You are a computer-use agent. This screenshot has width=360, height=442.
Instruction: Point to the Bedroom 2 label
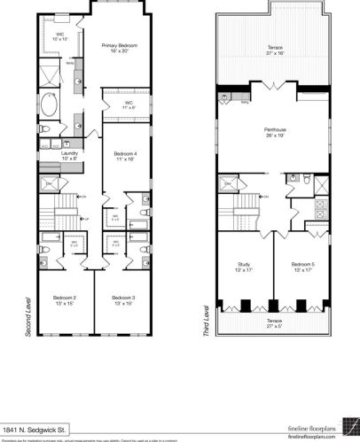(64, 299)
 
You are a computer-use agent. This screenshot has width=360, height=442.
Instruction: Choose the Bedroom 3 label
(123, 299)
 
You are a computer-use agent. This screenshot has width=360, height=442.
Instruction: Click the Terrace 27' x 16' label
(270, 50)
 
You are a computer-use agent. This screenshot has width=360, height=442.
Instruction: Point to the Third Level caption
(205, 322)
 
